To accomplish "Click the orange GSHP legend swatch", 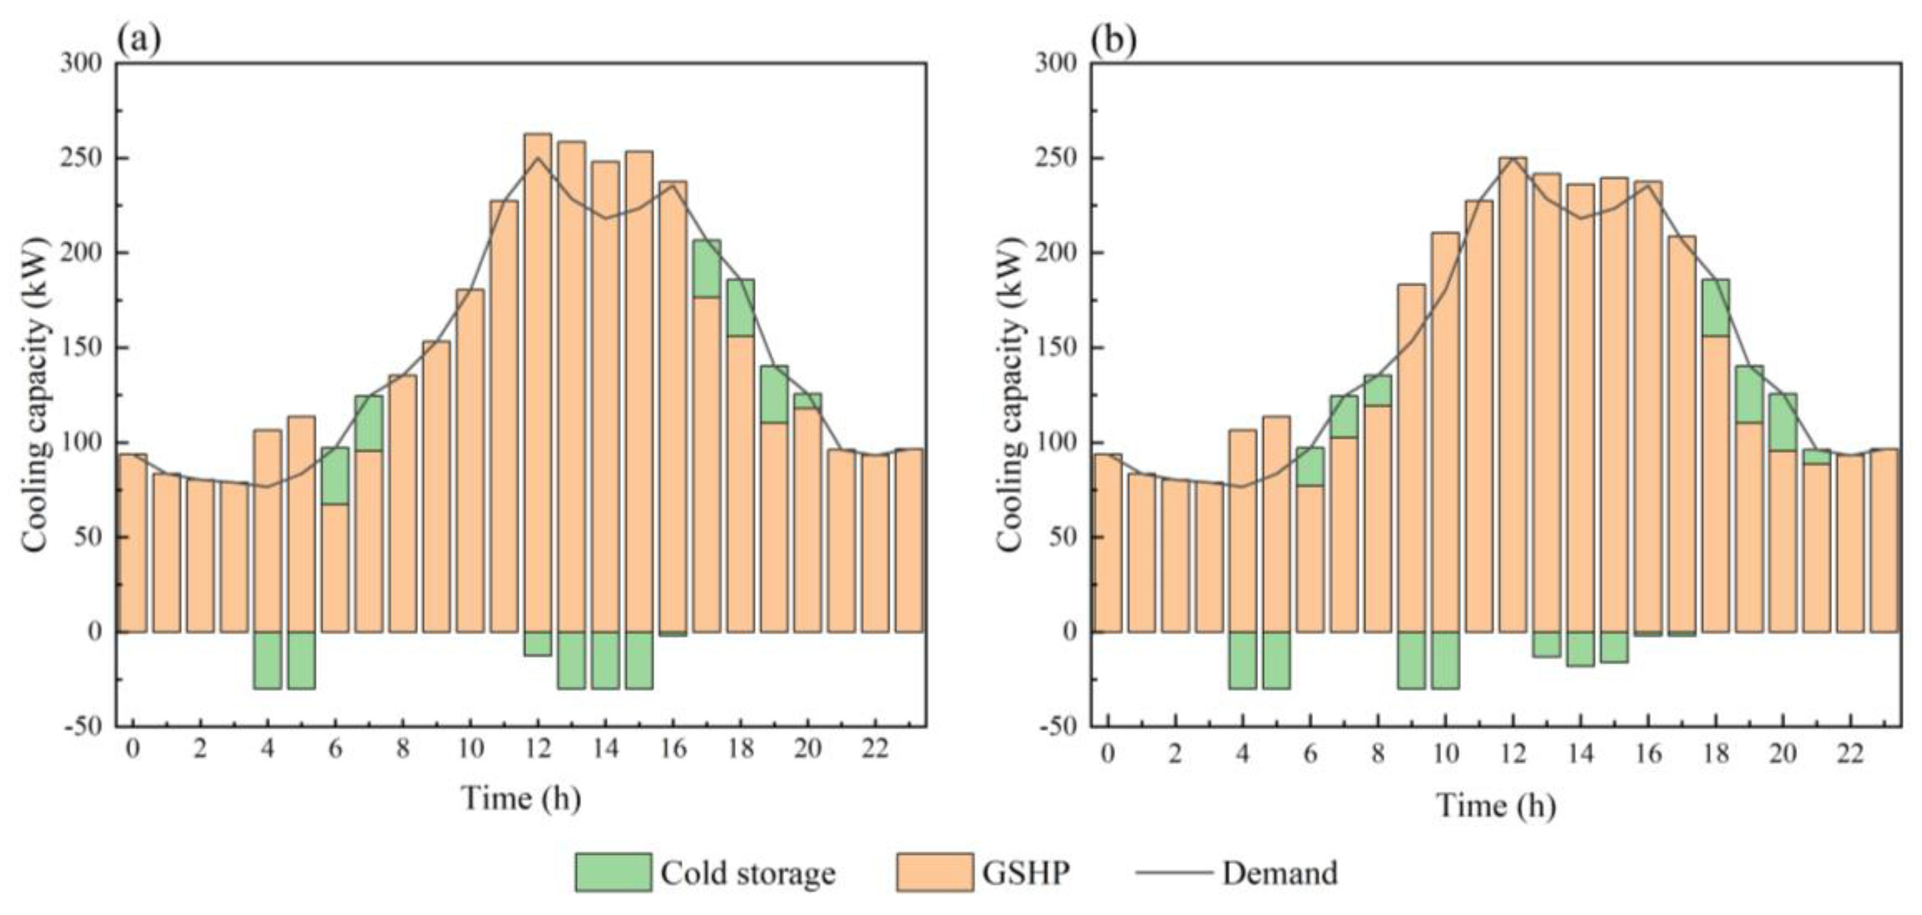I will pos(934,872).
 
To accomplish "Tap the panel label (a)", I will pos(139,39).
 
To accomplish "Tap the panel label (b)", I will pos(1114,39).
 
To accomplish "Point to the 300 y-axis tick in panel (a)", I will pos(83,63).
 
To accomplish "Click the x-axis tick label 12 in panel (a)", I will pos(538,749).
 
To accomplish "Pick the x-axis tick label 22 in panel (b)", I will pos(1851,754).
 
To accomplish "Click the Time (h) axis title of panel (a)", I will pos(521,798).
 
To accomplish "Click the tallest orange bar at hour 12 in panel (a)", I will pos(538,373).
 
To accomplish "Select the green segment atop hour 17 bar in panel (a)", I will pos(706,268).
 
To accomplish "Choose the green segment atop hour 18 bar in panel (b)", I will pos(1715,308).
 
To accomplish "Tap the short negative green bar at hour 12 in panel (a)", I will pos(538,643).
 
